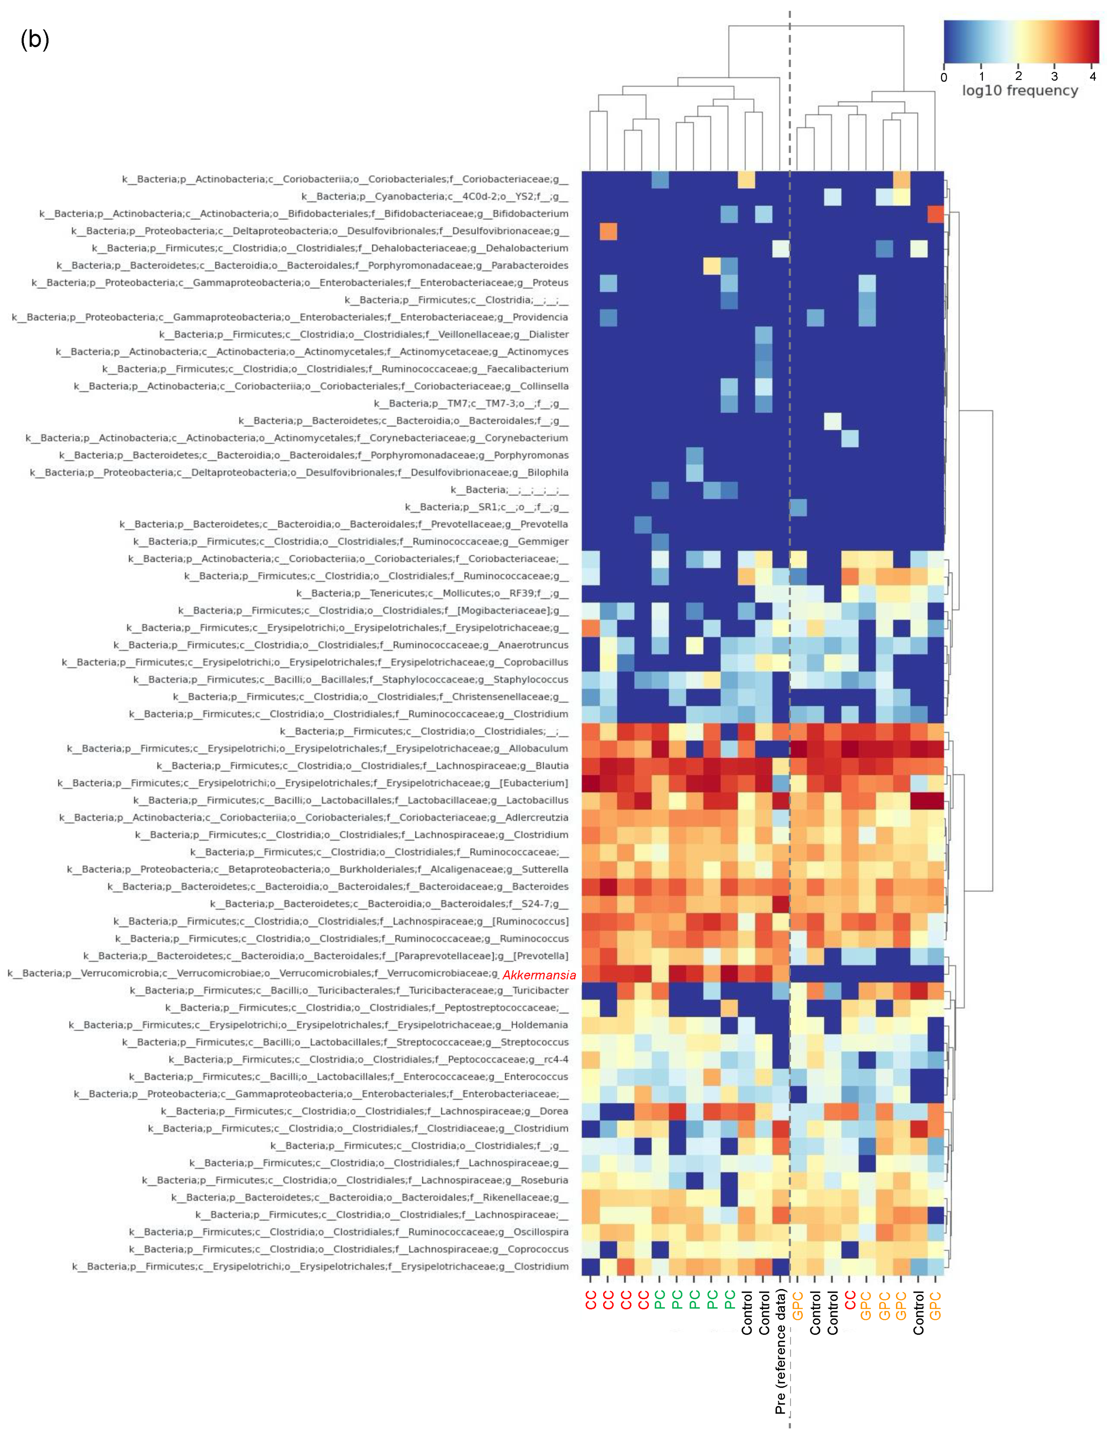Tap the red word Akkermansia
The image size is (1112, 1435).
click(x=539, y=975)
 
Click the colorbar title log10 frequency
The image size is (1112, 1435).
click(x=1020, y=91)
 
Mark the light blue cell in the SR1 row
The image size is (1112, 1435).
click(x=798, y=507)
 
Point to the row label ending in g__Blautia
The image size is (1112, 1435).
click(x=363, y=765)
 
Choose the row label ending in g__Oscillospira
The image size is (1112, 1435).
click(x=349, y=1232)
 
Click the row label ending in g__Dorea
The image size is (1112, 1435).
click(x=365, y=1111)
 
